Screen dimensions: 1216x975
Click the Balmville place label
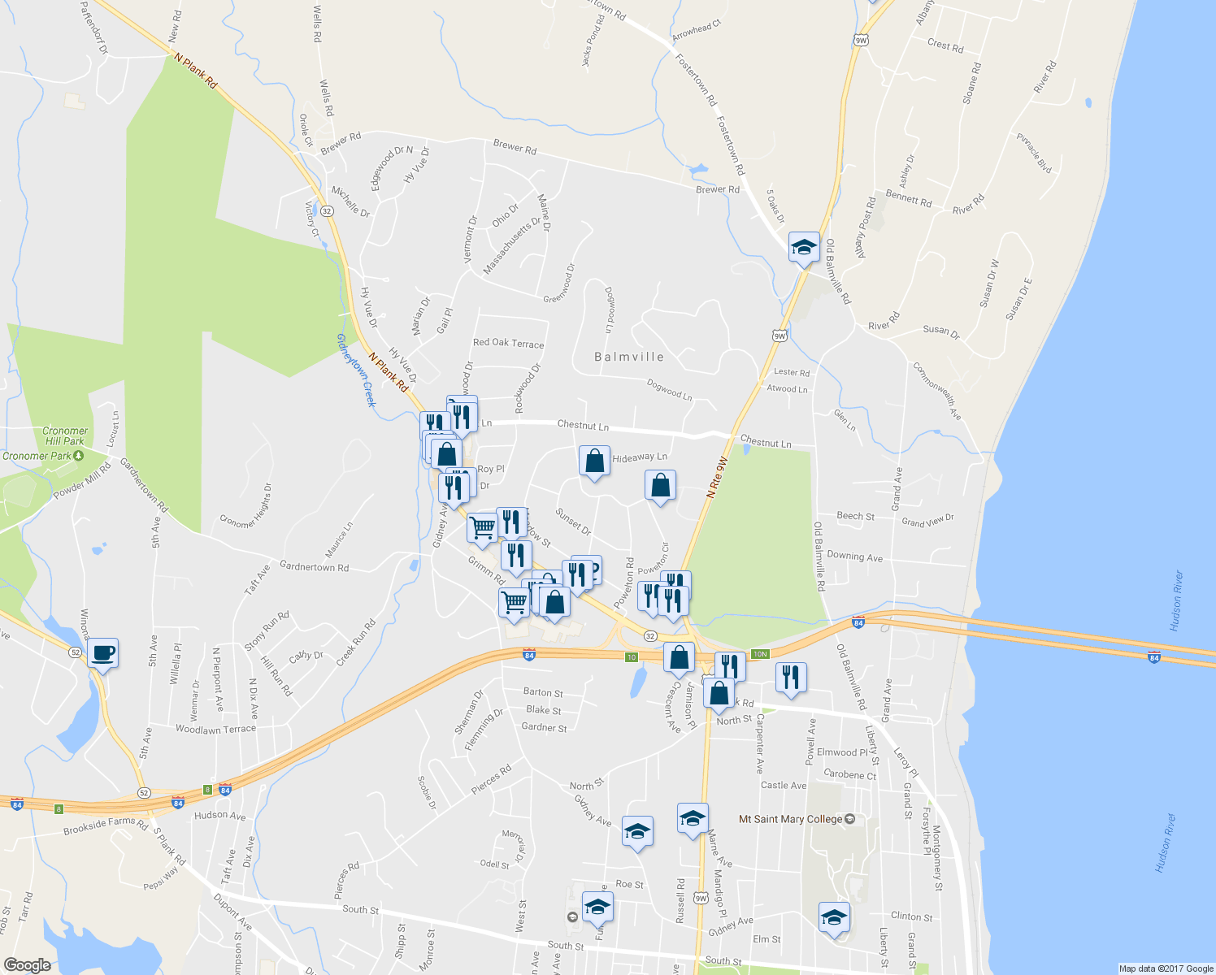(628, 357)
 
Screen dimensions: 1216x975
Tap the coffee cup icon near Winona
(103, 652)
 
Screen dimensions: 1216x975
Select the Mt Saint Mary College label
(790, 819)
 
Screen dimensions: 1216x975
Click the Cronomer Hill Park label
(65, 436)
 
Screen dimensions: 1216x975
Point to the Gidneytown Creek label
(357, 370)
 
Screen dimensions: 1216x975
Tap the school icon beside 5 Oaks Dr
(804, 246)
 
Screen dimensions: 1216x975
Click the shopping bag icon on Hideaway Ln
(595, 461)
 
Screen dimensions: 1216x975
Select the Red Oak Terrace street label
(508, 343)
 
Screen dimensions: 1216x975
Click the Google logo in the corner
(27, 965)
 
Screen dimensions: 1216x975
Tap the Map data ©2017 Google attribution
(1166, 968)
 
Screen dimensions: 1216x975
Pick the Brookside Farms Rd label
(106, 825)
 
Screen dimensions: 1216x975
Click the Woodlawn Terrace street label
(215, 729)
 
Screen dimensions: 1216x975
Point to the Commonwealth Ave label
(937, 391)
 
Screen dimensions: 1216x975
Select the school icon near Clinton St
(834, 917)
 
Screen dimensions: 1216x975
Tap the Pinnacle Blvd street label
(1034, 153)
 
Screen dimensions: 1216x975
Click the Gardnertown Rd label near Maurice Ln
(314, 566)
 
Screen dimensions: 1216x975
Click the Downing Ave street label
(854, 557)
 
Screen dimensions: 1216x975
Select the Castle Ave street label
(784, 785)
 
